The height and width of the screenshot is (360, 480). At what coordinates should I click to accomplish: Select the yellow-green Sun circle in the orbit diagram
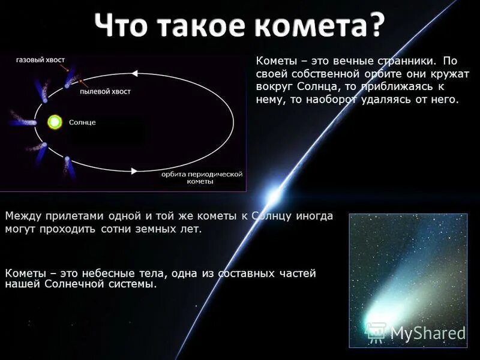tap(55, 122)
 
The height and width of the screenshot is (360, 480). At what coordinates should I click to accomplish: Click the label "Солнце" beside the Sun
tap(82, 122)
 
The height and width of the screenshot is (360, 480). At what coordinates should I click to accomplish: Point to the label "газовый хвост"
tap(41, 60)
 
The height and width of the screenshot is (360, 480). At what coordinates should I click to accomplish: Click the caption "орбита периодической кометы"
tap(201, 178)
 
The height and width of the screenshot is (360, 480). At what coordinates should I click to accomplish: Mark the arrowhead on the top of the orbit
tap(134, 73)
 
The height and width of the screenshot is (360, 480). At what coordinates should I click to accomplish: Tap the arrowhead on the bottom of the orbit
tap(134, 171)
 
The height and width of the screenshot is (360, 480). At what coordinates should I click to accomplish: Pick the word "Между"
tap(22, 216)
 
